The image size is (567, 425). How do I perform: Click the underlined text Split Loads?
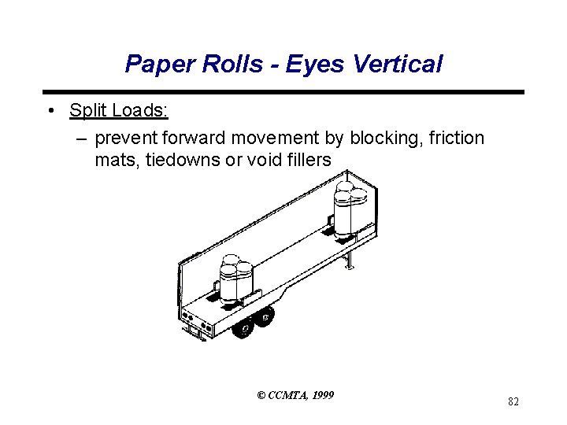tap(119, 110)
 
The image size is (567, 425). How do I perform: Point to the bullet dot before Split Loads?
tap(50, 111)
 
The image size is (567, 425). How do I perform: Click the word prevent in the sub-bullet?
tap(126, 139)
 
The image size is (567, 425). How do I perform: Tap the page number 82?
tap(513, 402)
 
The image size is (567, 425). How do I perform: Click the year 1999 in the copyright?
tap(322, 395)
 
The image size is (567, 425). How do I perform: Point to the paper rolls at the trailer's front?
tap(350, 208)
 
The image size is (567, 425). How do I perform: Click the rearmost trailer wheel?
tap(243, 325)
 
